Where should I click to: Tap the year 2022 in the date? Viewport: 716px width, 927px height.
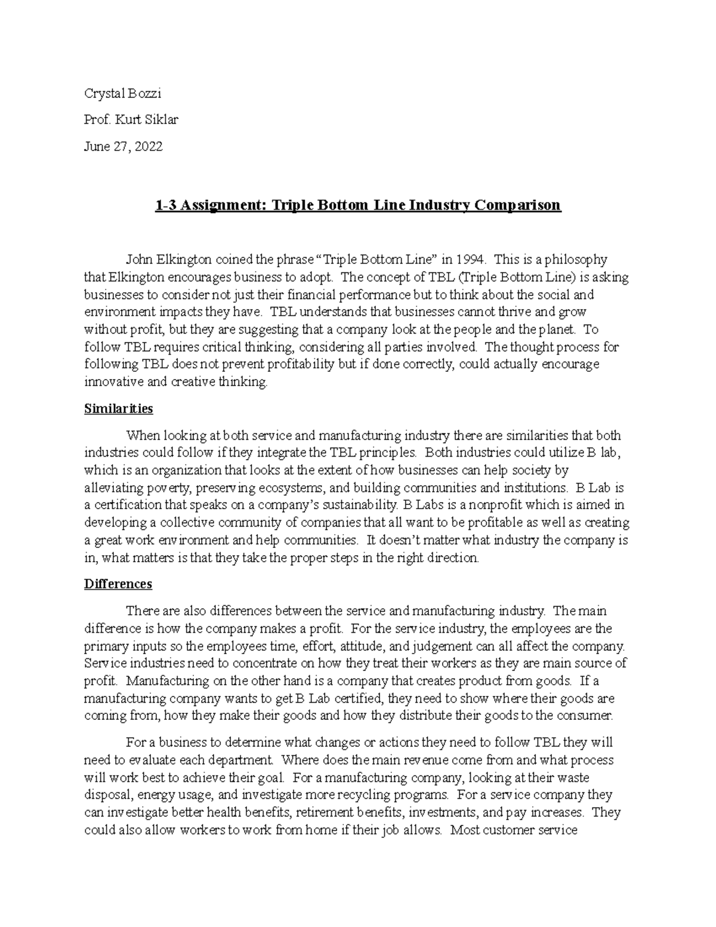pyautogui.click(x=148, y=146)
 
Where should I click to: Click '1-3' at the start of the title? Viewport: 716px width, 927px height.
pyautogui.click(x=165, y=205)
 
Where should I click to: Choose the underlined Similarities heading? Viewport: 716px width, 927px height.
pyautogui.click(x=119, y=409)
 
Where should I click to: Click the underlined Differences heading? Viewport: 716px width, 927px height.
pyautogui.click(x=118, y=584)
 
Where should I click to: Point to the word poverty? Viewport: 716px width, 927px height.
pyautogui.click(x=169, y=488)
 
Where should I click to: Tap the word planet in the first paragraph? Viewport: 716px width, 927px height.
pyautogui.click(x=558, y=329)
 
